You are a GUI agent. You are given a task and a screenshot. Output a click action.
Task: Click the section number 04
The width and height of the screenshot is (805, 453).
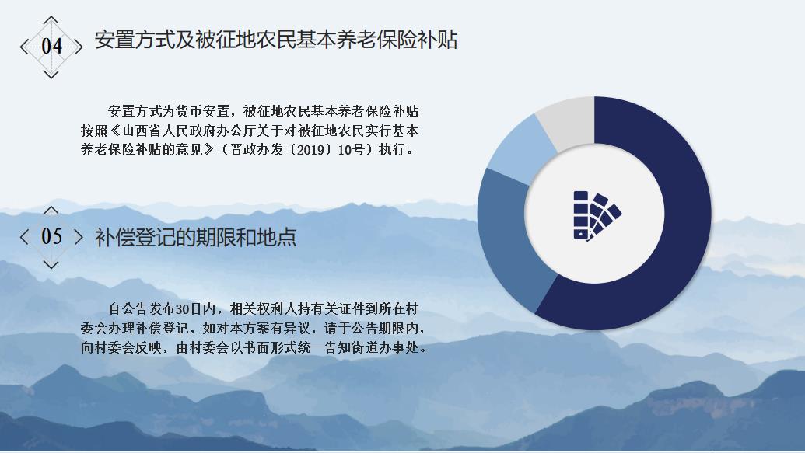coord(51,46)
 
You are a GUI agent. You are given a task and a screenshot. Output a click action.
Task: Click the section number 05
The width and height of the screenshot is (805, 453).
coord(51,236)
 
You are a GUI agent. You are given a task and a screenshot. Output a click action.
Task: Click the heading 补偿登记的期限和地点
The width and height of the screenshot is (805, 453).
coord(195,237)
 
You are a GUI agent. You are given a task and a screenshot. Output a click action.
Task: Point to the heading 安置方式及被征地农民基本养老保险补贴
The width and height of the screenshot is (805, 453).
coord(275,40)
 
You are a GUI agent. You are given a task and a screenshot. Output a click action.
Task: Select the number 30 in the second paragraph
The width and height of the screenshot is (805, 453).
coord(183,308)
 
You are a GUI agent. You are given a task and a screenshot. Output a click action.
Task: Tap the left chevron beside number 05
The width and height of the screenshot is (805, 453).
coord(24,236)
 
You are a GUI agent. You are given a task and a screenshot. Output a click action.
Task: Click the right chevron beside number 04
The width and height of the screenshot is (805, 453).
coord(78,47)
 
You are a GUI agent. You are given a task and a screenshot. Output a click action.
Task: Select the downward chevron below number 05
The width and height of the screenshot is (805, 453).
coord(51,265)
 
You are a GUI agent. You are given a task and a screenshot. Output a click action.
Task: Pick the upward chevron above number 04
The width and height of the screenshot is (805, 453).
coord(51,20)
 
